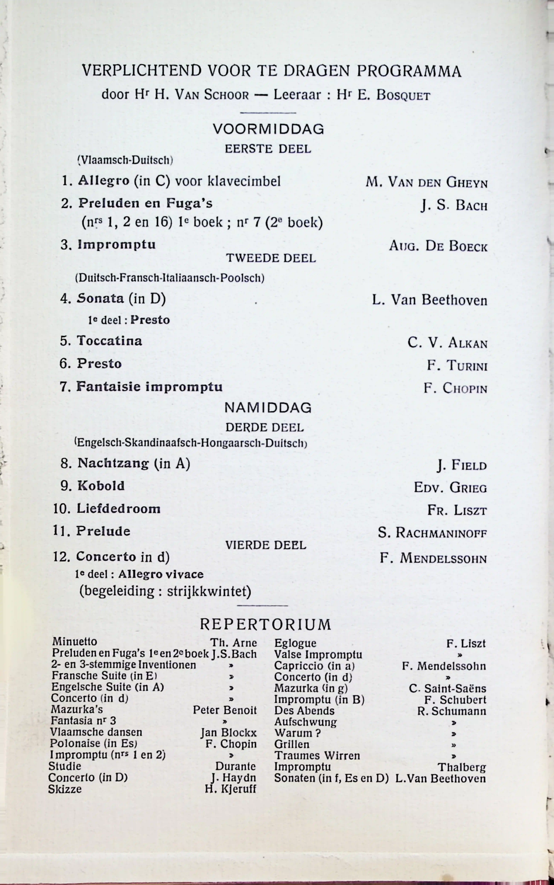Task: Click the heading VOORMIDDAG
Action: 268,129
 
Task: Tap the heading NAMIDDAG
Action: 268,408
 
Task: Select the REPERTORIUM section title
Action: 265,624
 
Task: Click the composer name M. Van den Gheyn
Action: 427,182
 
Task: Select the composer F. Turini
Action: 457,366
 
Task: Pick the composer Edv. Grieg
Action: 450,488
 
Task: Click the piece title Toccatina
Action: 109,341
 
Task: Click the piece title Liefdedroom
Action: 118,509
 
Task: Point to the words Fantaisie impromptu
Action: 149,387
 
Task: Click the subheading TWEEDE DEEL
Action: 271,258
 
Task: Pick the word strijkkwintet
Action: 209,591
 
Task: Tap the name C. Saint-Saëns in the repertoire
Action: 447,688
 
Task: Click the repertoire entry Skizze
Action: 65,789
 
